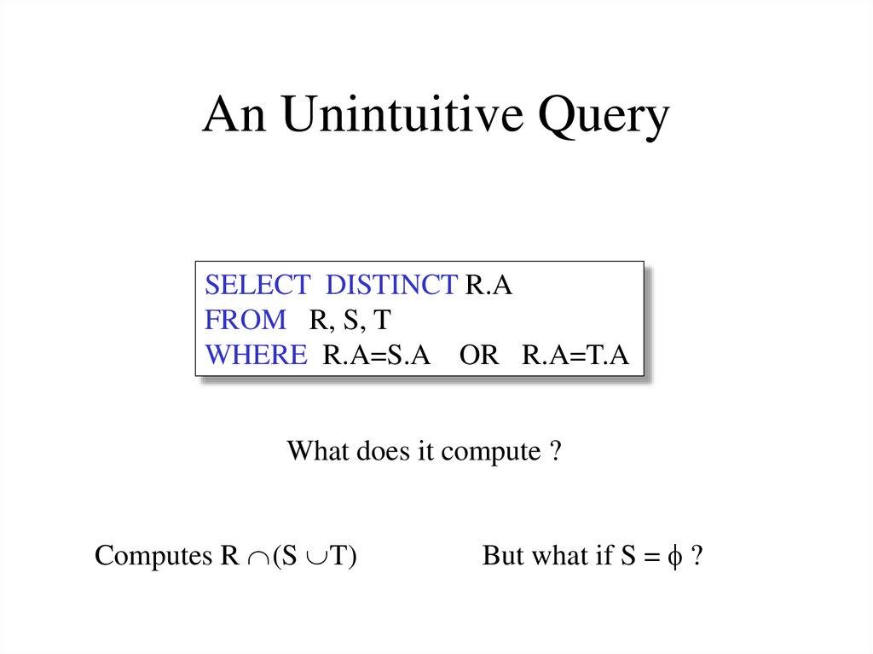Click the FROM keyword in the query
[246, 320]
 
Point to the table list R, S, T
[350, 320]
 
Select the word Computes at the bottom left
[152, 556]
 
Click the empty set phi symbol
[674, 558]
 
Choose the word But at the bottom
[501, 556]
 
